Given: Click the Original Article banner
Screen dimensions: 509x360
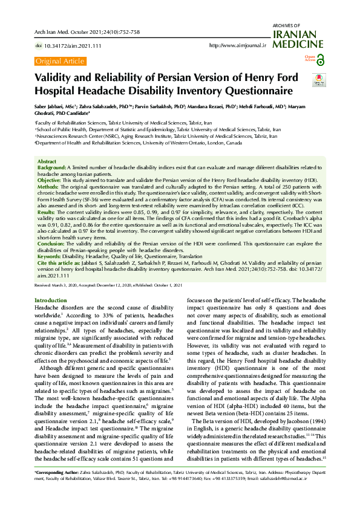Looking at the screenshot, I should pos(60,61).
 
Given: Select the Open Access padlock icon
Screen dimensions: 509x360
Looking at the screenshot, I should pos(320,59).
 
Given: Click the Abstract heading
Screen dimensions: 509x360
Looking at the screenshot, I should pos(47,162).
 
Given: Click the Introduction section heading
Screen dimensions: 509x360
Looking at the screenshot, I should pos(51,300).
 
